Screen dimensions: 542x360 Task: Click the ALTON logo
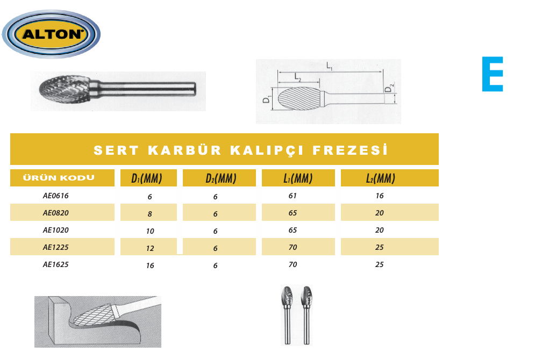pos(51,34)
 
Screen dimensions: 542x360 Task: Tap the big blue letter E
pos(492,74)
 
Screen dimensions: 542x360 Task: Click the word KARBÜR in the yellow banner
pos(184,150)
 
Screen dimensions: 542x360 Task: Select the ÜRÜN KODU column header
pos(59,177)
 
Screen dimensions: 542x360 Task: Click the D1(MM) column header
pos(147,178)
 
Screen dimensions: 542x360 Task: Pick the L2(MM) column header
pos(381,178)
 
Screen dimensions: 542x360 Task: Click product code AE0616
pos(56,196)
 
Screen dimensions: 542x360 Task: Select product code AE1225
pos(56,247)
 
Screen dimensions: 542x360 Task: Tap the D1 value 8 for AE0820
pos(149,214)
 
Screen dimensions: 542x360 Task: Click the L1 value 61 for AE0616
pos(293,196)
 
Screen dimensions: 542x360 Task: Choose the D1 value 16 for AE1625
pos(150,265)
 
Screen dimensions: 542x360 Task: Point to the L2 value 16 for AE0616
pos(380,196)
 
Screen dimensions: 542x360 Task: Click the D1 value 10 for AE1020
pos(150,231)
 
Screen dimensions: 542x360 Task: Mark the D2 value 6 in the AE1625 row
pos(215,265)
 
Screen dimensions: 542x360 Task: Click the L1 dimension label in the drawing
pos(330,66)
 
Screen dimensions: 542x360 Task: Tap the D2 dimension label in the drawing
pos(389,88)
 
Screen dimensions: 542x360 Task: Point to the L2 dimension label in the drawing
pos(298,77)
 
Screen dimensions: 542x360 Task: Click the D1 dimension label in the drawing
pos(267,100)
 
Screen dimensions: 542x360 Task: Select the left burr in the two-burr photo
pos(287,315)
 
